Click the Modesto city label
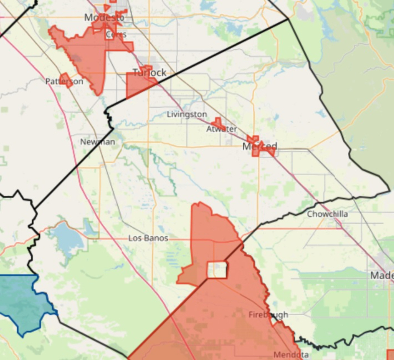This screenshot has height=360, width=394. tap(104, 17)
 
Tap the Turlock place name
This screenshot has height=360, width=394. tap(150, 72)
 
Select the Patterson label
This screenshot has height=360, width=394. tap(64, 81)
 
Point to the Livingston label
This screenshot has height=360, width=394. tap(187, 114)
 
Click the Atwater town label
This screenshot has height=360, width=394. tap(221, 129)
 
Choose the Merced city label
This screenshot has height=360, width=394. tap(260, 147)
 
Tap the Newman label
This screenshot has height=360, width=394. tap(97, 142)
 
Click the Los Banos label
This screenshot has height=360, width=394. tap(148, 238)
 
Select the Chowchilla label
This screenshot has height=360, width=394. tap(327, 214)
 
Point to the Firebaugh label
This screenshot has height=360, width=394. tap(268, 315)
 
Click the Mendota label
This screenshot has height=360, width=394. tap(291, 355)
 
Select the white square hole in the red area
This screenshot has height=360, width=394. tap(217, 270)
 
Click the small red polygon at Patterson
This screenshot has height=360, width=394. tap(66, 80)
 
